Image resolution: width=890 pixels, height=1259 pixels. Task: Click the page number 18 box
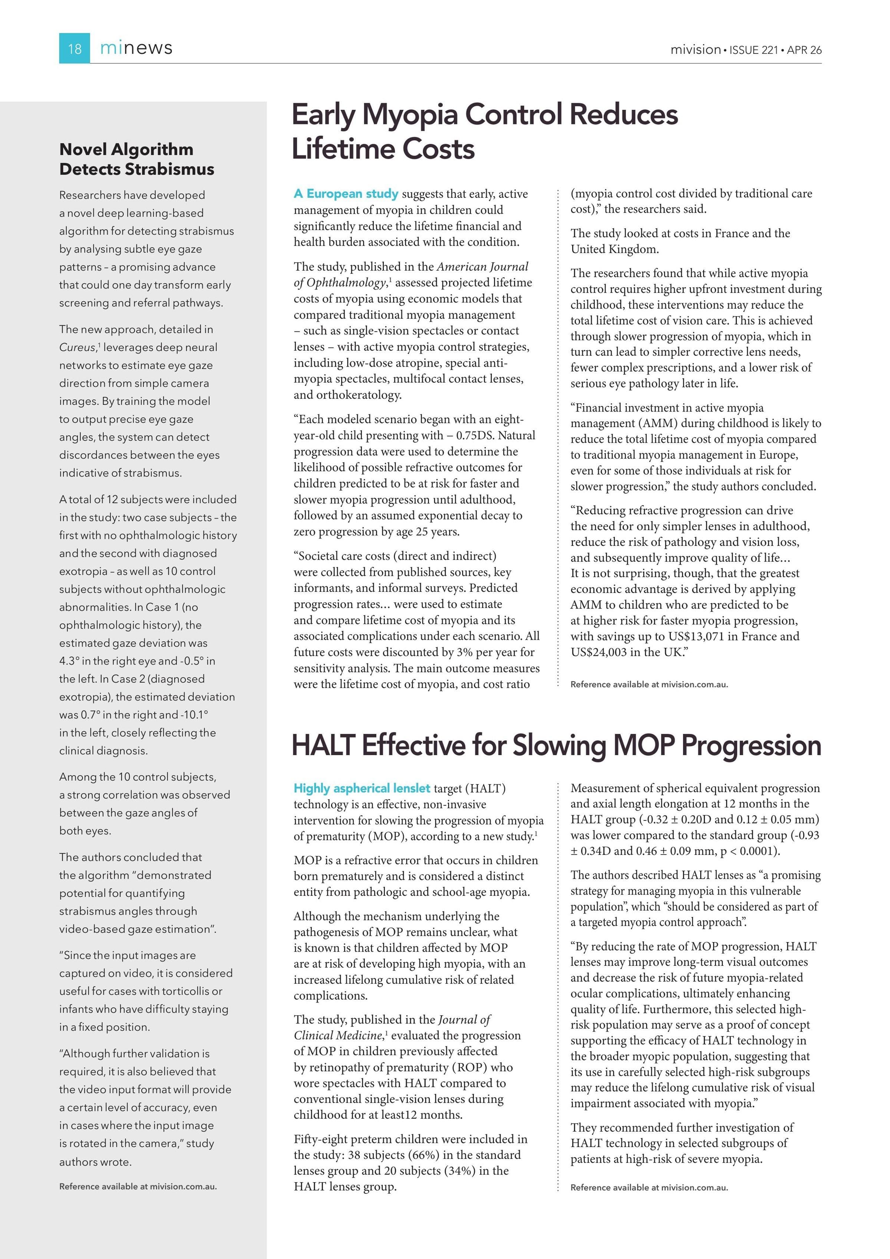pyautogui.click(x=75, y=48)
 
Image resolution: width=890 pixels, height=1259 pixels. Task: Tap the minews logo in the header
pyautogui.click(x=136, y=48)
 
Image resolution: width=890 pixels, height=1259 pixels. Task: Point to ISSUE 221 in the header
pyautogui.click(x=754, y=50)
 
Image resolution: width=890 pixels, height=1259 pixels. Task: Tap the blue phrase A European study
pyautogui.click(x=346, y=194)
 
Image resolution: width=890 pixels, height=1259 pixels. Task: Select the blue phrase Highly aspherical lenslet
pyautogui.click(x=362, y=788)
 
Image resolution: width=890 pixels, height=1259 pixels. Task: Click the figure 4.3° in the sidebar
pyautogui.click(x=69, y=661)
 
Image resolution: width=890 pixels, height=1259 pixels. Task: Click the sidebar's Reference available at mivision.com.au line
pyautogui.click(x=138, y=1187)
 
